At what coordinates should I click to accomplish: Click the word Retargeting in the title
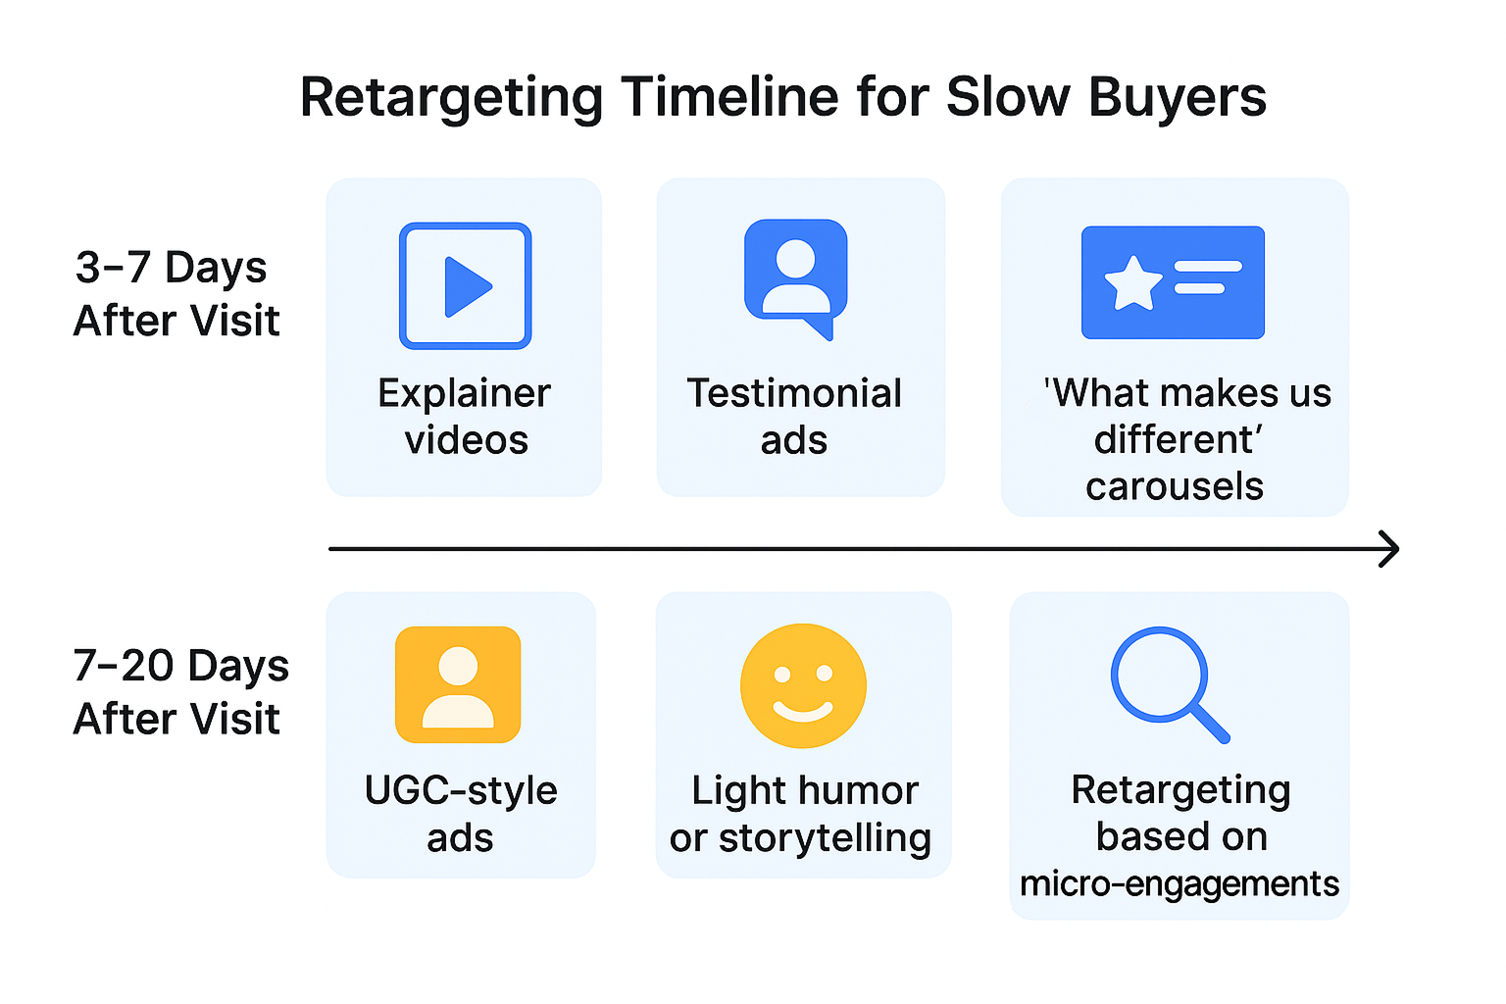coord(451,98)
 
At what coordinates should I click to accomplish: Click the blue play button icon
coord(466,286)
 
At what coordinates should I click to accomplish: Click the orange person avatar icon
coord(458,684)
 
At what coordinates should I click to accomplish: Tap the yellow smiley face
coord(803,686)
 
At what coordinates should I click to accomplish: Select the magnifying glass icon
coord(1167,681)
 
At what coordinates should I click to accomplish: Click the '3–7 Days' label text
coord(171,268)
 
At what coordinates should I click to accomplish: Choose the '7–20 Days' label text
coord(180,667)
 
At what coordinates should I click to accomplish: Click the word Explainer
coord(464,394)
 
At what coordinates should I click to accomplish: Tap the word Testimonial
coord(794,394)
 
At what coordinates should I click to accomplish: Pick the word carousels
coord(1175,487)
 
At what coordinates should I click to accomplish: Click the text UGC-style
coord(461,791)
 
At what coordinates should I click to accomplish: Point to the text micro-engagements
coord(1180,884)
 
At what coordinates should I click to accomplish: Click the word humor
coord(863,791)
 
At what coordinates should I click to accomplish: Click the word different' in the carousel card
coord(1177,440)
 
